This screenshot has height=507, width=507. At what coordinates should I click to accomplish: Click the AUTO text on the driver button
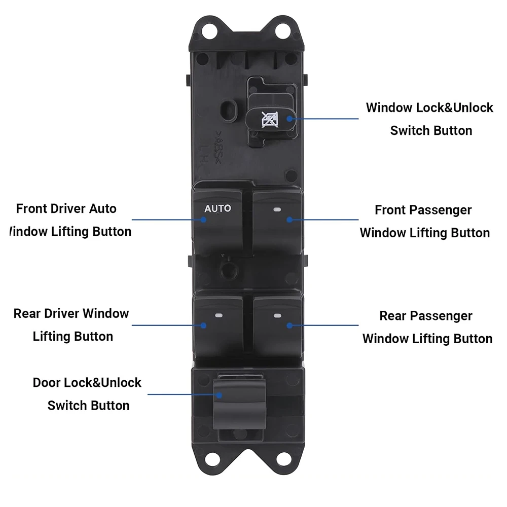click(218, 208)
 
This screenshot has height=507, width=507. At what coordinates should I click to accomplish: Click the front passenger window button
click(277, 223)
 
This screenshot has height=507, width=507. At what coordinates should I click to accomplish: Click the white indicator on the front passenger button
click(277, 209)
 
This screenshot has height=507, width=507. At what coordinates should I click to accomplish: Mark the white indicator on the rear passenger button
click(277, 316)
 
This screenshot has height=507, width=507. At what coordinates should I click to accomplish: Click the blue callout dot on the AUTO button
click(203, 220)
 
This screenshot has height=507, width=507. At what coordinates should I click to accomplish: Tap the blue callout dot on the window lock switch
click(289, 119)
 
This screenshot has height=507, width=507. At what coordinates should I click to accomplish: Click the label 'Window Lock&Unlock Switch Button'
click(430, 119)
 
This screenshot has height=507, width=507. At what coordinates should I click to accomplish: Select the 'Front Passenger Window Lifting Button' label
click(425, 222)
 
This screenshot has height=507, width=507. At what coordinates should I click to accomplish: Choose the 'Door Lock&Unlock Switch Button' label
click(87, 394)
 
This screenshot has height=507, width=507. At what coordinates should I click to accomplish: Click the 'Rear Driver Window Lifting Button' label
click(71, 325)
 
